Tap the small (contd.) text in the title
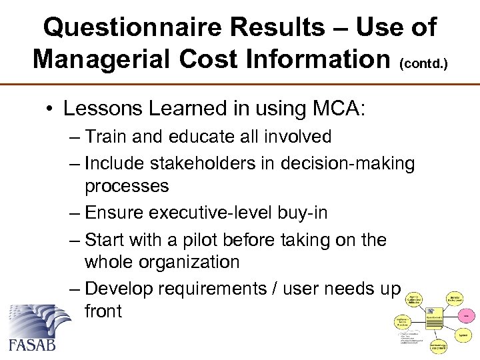pos(423,64)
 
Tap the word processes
pos(127,185)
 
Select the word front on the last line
pos(103,311)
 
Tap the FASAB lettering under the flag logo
pos(32,345)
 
